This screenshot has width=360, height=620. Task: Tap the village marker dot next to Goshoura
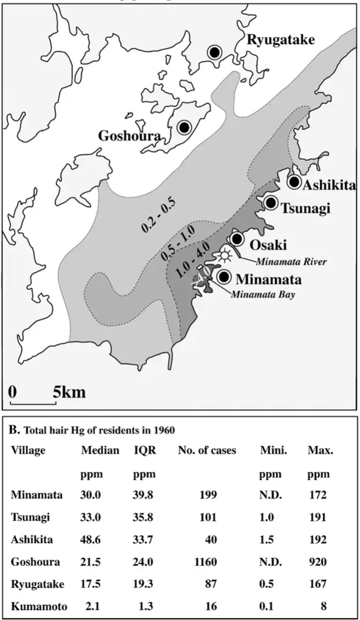coord(184,127)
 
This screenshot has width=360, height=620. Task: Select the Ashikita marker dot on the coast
coord(294,181)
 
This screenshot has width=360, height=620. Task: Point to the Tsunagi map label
coord(305,208)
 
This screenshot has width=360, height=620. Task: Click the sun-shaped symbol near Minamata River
coord(227,254)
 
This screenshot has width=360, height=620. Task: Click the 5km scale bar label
coord(69,392)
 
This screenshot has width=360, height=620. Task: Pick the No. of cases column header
coord(207,451)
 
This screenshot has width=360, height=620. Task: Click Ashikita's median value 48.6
coord(92,540)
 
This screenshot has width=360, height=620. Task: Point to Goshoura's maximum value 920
coord(317,563)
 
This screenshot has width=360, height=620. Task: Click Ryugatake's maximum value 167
coord(317,585)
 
